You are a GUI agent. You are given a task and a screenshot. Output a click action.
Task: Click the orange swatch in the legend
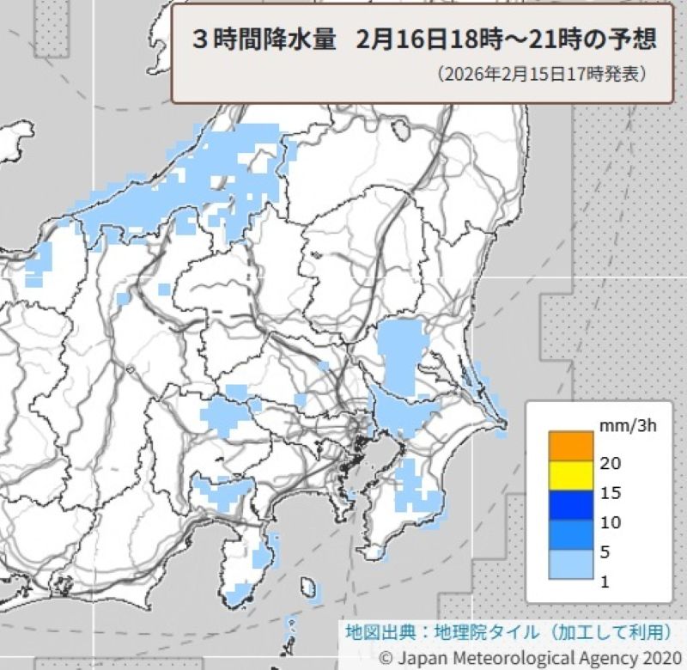click(x=570, y=445)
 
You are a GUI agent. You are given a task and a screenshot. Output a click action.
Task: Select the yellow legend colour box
click(x=570, y=474)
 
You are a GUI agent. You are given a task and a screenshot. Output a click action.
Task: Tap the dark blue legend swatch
click(x=570, y=504)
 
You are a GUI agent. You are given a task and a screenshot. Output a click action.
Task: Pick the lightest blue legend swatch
click(x=570, y=564)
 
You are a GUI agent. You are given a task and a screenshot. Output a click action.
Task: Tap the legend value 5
click(x=605, y=552)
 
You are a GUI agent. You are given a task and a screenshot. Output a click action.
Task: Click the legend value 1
click(x=605, y=582)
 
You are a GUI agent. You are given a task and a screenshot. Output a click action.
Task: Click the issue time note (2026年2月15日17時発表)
click(x=541, y=75)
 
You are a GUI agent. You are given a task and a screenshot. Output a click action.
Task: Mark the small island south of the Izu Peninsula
click(x=307, y=587)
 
